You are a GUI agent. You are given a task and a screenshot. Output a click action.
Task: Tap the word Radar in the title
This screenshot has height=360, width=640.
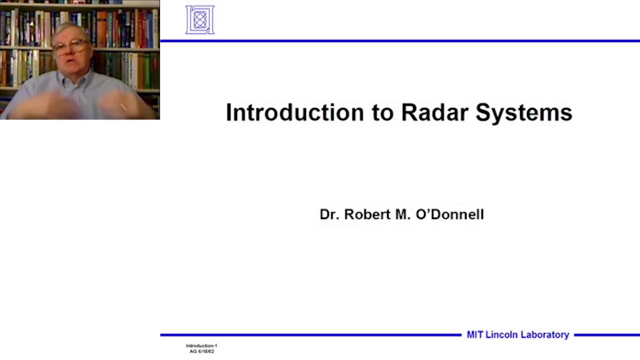tap(435, 112)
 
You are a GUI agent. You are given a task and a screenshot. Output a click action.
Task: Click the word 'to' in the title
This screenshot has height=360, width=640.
tap(383, 113)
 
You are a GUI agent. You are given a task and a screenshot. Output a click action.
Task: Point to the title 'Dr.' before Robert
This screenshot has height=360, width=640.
tap(329, 214)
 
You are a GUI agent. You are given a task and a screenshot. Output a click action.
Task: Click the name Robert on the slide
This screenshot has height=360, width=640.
tap(367, 214)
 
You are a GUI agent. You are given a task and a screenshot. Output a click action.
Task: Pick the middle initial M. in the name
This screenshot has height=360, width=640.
tap(402, 214)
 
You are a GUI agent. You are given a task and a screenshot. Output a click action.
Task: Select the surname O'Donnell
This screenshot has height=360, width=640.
tap(449, 214)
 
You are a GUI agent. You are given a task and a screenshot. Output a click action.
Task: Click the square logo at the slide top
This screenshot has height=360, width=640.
tap(200, 20)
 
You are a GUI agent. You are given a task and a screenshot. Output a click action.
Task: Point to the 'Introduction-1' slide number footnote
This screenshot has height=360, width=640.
tap(201, 345)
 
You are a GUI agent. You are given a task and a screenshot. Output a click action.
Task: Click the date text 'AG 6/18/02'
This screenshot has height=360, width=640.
tap(201, 351)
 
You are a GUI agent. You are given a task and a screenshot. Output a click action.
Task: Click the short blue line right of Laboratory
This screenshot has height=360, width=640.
tap(606, 335)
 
